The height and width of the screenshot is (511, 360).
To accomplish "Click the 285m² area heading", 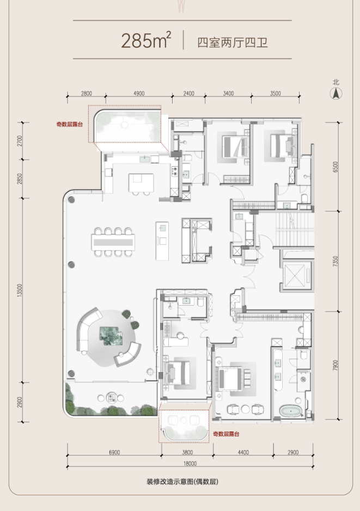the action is point(146,40).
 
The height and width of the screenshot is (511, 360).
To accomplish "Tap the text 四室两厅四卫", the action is point(233,42).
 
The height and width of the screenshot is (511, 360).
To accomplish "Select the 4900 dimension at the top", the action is point(139,94).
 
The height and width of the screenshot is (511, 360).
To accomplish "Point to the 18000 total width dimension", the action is point(190,464).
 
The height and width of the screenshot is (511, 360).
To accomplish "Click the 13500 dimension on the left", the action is point(20,290).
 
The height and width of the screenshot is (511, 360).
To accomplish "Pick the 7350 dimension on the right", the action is point(335,261).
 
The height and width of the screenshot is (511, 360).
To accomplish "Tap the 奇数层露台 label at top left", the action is point(69,124).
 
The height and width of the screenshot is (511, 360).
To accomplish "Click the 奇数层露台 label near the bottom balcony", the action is point(226,434).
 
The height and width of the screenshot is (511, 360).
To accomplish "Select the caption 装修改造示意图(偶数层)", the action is point(182,482).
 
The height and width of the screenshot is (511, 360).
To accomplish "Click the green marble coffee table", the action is point(111,336).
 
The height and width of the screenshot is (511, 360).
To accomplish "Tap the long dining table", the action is point(113,242).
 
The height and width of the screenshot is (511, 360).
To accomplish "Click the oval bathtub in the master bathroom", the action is point(291,411).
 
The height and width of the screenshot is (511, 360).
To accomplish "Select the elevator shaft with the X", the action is point(295,276).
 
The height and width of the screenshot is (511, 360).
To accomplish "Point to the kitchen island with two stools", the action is point(141,183).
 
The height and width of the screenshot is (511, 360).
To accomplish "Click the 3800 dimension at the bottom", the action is point(187,452).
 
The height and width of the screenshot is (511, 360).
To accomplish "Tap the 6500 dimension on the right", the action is point(335,167).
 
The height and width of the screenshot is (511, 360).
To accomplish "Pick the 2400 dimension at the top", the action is point(188,94).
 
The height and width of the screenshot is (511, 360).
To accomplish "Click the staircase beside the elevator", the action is point(295,230).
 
